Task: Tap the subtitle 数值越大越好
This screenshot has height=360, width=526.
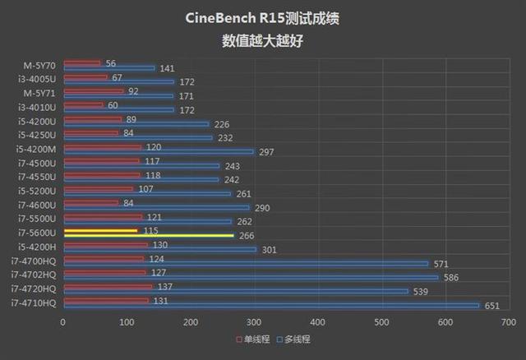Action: point(262,39)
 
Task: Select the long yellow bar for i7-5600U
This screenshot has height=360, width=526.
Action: point(149,235)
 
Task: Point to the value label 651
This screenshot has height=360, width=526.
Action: point(493,306)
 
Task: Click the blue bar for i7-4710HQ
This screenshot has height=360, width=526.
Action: point(271,306)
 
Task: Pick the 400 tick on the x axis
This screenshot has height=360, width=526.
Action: point(317,322)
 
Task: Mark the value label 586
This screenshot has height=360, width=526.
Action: point(451,278)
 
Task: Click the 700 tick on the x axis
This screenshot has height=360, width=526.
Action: point(508,322)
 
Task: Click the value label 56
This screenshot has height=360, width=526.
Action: point(111,62)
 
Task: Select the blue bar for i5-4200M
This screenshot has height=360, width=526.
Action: point(158,151)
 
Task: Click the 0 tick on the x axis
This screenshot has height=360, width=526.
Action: point(63,322)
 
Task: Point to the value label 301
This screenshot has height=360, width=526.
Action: point(268,250)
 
